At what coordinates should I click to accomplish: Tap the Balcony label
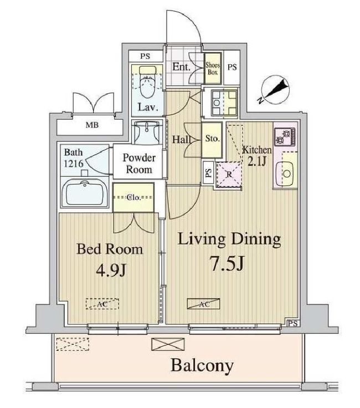pyautogui.click(x=202, y=365)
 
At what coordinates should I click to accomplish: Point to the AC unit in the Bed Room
pyautogui.click(x=97, y=303)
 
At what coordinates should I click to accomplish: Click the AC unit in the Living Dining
pyautogui.click(x=203, y=303)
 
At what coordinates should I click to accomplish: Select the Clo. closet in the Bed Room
pyautogui.click(x=133, y=197)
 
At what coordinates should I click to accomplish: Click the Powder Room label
pyautogui.click(x=138, y=164)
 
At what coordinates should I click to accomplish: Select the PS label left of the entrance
pyautogui.click(x=145, y=56)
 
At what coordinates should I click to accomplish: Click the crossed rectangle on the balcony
pyautogui.click(x=167, y=344)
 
